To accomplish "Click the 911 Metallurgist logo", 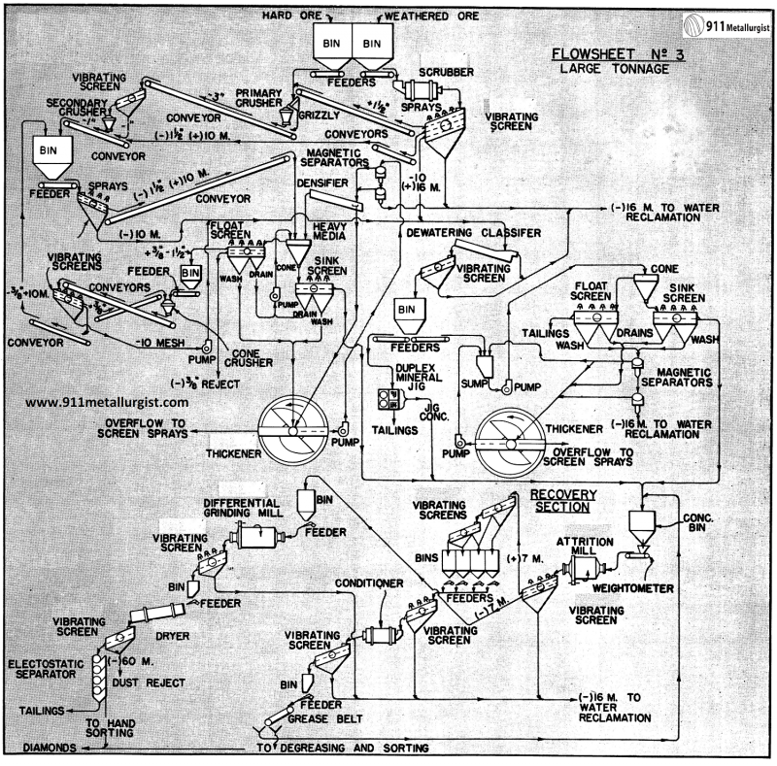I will coord(727,26).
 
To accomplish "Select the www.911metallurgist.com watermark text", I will coord(107,401).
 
